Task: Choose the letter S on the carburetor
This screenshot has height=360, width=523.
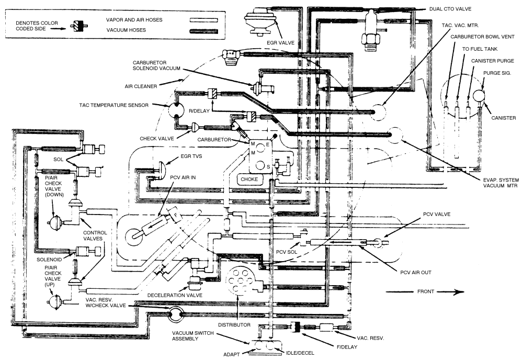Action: (269, 167)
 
